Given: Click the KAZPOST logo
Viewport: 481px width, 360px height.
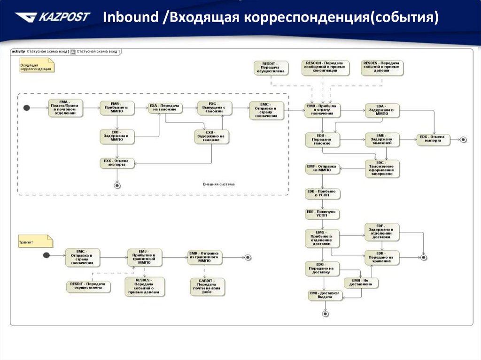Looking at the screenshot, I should click(52, 18).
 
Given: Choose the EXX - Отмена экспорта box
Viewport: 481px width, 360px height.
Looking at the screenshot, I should click(116, 163).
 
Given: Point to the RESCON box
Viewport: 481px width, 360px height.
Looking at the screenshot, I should click(324, 67).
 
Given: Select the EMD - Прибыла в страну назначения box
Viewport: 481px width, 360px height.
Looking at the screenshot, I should click(322, 111).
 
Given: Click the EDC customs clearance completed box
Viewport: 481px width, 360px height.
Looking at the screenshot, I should click(383, 169).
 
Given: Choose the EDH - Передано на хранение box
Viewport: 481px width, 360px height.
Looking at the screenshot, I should click(381, 256).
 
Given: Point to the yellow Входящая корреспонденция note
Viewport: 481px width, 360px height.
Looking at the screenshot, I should click(36, 66).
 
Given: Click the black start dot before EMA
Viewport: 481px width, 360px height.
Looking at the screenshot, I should click(27, 108).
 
